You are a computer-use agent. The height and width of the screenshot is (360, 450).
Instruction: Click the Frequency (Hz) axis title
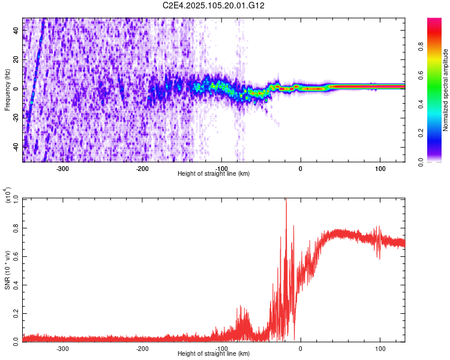click(x=7, y=90)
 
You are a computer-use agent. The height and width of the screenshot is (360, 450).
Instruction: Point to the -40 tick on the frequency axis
click(x=16, y=146)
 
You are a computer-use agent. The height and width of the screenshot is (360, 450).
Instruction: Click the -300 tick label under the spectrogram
click(x=63, y=168)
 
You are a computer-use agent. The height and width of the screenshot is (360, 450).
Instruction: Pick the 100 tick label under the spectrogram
click(x=380, y=168)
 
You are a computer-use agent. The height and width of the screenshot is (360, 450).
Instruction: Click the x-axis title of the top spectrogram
click(x=214, y=174)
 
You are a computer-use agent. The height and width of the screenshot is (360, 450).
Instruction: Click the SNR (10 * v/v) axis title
click(x=7, y=270)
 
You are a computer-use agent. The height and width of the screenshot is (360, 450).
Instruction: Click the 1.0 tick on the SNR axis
click(x=16, y=199)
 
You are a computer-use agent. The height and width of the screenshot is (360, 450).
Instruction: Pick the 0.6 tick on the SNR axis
click(x=16, y=256)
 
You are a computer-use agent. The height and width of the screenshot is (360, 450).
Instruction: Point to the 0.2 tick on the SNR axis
click(x=16, y=313)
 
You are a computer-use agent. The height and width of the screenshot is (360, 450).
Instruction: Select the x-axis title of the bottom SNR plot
click(x=214, y=354)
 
